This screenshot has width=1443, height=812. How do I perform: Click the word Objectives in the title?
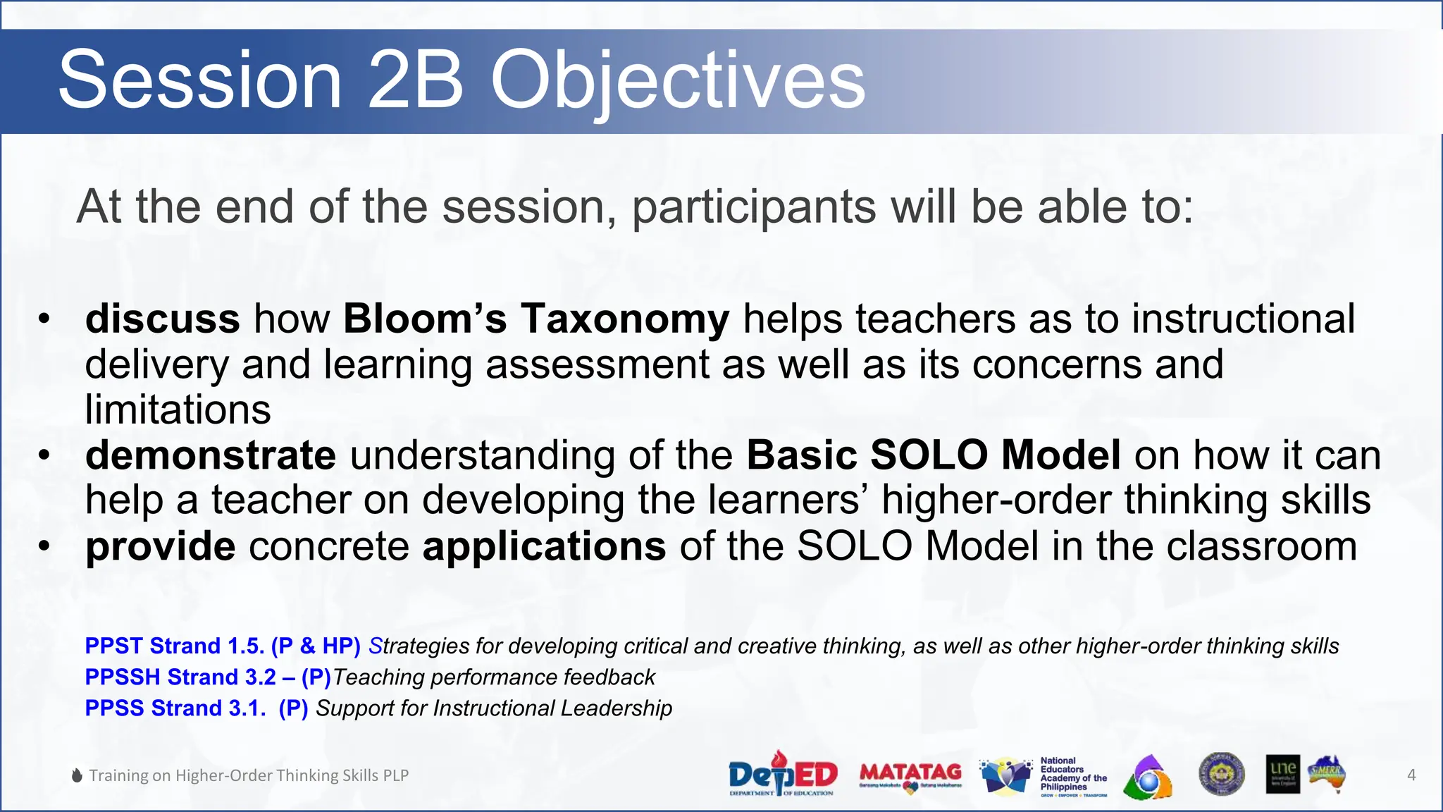tap(677, 81)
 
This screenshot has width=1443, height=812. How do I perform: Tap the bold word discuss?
tap(163, 319)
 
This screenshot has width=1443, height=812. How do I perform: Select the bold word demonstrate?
tap(211, 455)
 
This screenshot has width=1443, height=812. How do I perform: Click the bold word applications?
tap(544, 546)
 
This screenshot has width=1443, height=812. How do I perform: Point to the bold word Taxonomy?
tap(625, 319)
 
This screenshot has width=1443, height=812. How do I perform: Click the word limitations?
tap(178, 410)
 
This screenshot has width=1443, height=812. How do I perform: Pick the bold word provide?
tap(160, 546)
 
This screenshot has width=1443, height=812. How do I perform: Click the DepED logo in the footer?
tap(782, 774)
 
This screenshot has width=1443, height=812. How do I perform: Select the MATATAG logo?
tap(910, 775)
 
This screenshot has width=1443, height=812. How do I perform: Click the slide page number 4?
tap(1411, 775)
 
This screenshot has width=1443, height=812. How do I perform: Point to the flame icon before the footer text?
tap(78, 775)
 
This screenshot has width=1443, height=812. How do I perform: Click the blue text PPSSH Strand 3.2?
tap(180, 677)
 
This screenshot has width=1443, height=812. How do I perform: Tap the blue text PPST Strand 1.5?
tap(174, 646)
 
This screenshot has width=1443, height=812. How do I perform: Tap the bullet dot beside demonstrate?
tap(44, 455)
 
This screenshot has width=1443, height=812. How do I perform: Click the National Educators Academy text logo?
tap(1073, 775)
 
